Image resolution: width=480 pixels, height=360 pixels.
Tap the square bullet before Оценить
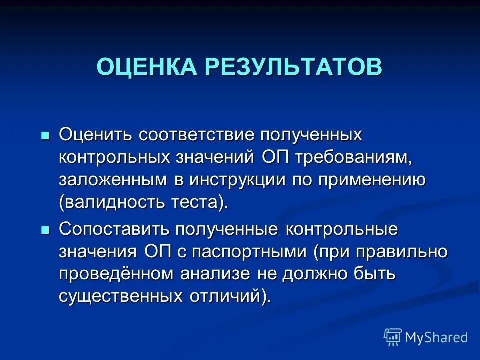click(x=45, y=135)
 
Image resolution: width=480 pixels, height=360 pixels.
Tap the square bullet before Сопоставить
click(x=45, y=230)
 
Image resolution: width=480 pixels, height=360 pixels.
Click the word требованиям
click(x=354, y=157)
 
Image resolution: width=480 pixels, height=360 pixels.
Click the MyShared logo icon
click(x=393, y=337)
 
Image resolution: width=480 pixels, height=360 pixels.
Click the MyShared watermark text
click(x=436, y=338)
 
